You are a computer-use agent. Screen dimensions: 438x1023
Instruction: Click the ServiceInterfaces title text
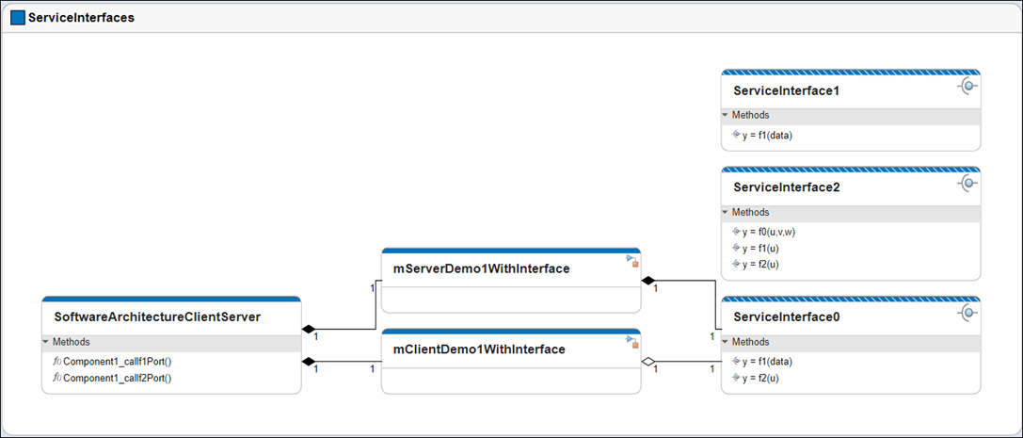point(81,17)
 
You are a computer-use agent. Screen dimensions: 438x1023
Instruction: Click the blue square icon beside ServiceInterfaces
point(18,17)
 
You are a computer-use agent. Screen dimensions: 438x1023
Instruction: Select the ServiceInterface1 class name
point(786,91)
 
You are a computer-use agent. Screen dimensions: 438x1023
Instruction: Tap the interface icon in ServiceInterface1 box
point(967,87)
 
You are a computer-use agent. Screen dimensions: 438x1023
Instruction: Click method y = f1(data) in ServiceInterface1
point(767,135)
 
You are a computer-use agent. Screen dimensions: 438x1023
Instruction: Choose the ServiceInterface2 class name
point(786,187)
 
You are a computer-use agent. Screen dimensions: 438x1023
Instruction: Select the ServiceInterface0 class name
point(786,317)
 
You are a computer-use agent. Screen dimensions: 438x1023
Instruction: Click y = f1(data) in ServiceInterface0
point(767,361)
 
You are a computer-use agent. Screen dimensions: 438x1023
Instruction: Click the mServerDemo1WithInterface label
point(481,268)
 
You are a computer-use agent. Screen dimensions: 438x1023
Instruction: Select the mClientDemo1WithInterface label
point(479,349)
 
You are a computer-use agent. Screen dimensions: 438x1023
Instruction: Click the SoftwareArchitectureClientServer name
point(157,316)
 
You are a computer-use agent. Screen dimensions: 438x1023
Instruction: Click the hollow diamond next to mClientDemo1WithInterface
point(647,362)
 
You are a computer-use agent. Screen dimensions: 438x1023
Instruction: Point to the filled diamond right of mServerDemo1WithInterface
point(647,281)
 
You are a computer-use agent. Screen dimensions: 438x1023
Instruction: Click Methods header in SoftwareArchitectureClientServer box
point(72,342)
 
